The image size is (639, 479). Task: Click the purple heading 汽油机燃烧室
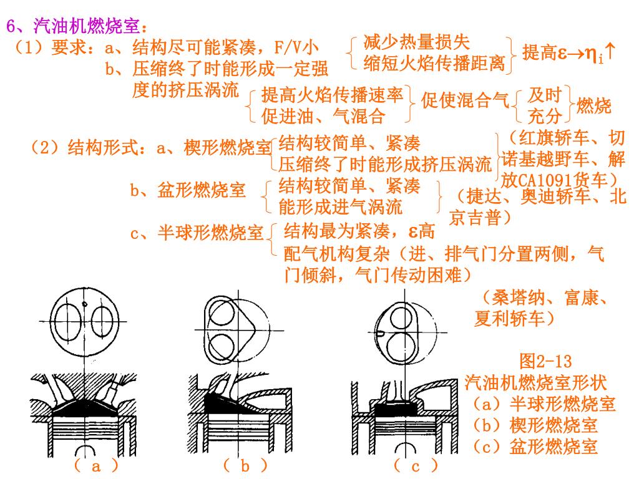[x=86, y=26]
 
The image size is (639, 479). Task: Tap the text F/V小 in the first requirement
[x=296, y=47]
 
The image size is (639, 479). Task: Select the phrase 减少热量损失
[x=416, y=42]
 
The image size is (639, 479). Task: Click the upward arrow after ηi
[x=610, y=52]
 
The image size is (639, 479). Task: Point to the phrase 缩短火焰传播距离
[x=434, y=63]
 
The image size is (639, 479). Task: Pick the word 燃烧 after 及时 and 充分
[x=594, y=106]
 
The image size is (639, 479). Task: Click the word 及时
[x=545, y=95]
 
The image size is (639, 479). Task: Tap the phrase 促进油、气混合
[x=323, y=116]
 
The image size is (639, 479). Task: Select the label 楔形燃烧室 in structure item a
[x=227, y=147]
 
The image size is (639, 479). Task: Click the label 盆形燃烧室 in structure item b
[x=202, y=190]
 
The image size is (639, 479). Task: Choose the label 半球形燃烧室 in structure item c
[x=210, y=233]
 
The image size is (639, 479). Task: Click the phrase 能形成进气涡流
[x=341, y=207]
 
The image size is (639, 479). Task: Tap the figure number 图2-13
[x=545, y=361]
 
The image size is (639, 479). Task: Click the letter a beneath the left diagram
[x=95, y=467]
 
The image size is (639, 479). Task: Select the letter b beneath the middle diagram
[x=245, y=465]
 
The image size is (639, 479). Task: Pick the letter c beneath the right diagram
[x=415, y=467]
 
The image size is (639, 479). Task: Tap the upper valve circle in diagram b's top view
[x=222, y=314]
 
